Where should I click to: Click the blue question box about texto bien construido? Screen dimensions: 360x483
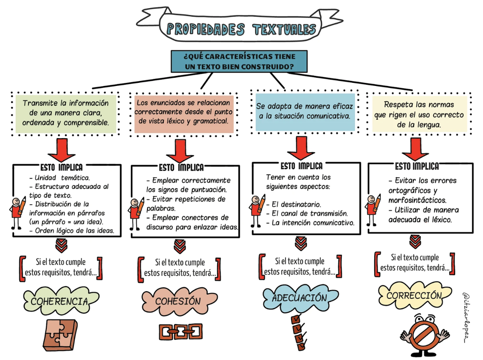tap(239, 62)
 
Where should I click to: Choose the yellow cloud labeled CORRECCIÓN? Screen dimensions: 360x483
tap(414, 296)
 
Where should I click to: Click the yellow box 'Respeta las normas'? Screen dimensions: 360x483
tap(418, 114)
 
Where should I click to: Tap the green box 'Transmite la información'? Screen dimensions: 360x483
tap(66, 112)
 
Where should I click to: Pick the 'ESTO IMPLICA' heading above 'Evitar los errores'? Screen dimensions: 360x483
tap(417, 166)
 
